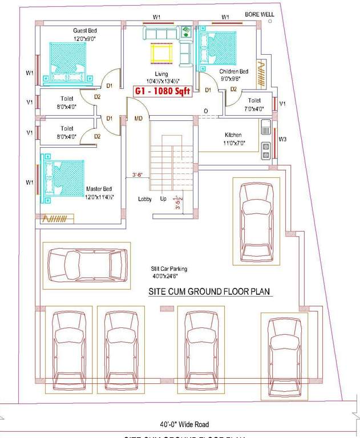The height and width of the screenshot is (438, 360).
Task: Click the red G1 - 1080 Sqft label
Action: click(x=161, y=91)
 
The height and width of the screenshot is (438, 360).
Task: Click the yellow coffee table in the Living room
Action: click(x=161, y=54)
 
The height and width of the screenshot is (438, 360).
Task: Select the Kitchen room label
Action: click(x=233, y=135)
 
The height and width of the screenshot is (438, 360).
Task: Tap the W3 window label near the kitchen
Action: click(x=282, y=139)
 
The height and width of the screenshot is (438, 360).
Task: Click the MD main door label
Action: click(x=138, y=119)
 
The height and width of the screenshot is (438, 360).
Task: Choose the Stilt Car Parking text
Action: click(x=169, y=269)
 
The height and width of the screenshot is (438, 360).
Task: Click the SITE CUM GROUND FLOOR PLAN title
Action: click(x=209, y=291)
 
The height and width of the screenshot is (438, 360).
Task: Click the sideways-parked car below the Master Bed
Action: click(x=88, y=263)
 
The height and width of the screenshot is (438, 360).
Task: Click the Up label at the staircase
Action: click(x=163, y=199)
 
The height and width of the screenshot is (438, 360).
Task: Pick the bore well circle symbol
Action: click(x=270, y=21)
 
